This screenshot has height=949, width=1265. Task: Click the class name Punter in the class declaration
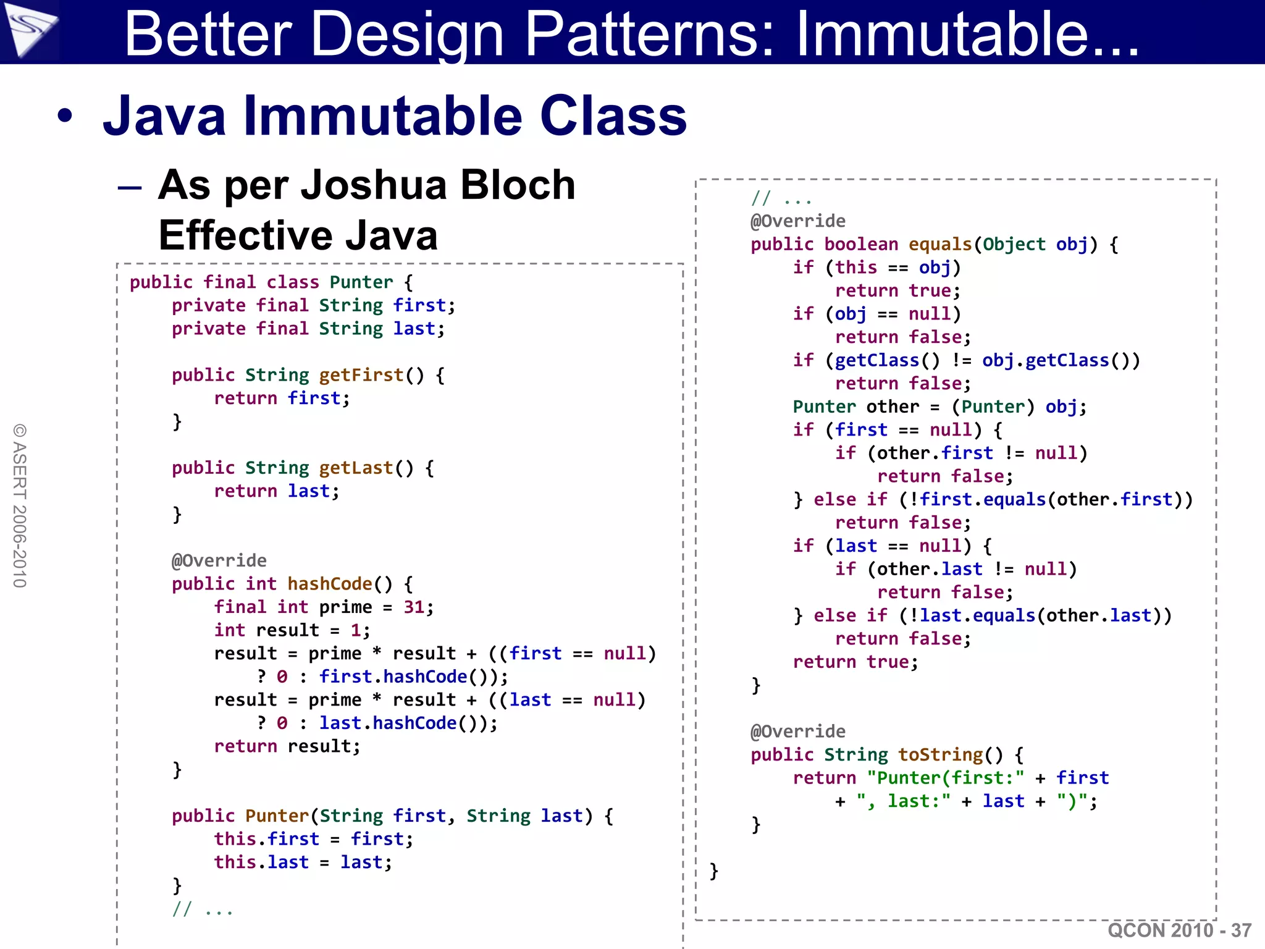pyautogui.click(x=361, y=282)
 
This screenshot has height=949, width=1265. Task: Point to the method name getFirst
pyautogui.click(x=361, y=375)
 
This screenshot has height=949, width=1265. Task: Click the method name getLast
pyautogui.click(x=356, y=468)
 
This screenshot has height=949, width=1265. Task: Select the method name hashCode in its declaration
pyautogui.click(x=330, y=584)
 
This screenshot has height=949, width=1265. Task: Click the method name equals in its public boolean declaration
pyautogui.click(x=940, y=245)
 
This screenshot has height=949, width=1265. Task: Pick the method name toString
pyautogui.click(x=940, y=755)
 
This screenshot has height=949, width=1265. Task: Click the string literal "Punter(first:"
pyautogui.click(x=945, y=778)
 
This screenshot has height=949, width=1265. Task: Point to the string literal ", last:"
pyautogui.click(x=903, y=801)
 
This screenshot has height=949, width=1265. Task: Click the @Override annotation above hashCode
pyautogui.click(x=219, y=561)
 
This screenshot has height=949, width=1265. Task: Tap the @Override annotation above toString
pyautogui.click(x=798, y=732)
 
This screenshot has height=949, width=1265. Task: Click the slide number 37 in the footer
pyautogui.click(x=1240, y=930)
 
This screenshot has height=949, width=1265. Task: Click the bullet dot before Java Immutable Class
pyautogui.click(x=65, y=116)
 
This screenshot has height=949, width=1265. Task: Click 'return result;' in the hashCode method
pyautogui.click(x=287, y=746)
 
